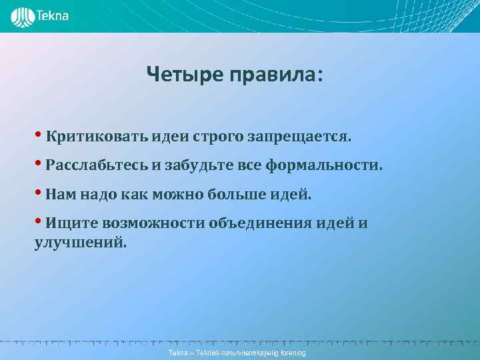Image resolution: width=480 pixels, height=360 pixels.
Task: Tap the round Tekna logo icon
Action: coord(21,16)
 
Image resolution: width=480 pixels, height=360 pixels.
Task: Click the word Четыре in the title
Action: coord(185,75)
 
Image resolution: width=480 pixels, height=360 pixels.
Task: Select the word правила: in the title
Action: coord(276,75)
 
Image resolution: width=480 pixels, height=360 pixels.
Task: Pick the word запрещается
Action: coord(298,137)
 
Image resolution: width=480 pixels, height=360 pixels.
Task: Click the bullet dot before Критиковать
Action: coord(39,135)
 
